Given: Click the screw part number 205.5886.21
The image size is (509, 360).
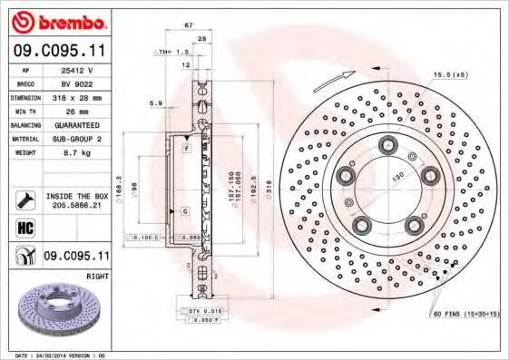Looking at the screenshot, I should (x=77, y=207).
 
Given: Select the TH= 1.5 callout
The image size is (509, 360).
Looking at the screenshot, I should (x=171, y=54).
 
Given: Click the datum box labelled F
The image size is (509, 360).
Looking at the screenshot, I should (x=186, y=147).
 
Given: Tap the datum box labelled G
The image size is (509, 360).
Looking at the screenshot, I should (x=185, y=210).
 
